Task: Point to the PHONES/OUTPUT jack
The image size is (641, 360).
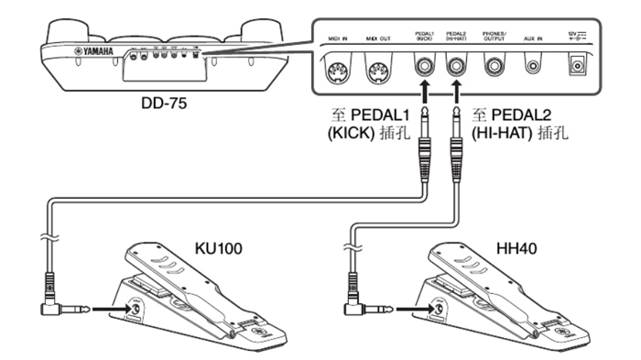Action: (493, 66)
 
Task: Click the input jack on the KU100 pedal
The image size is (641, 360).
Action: (137, 311)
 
